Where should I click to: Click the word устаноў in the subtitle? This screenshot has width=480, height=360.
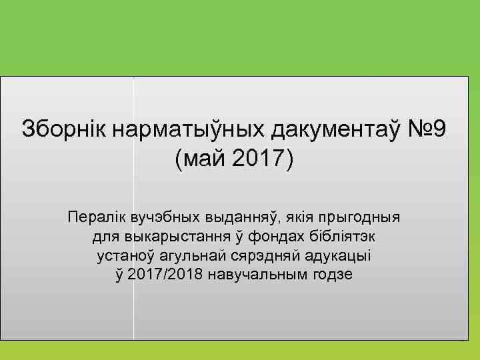123,256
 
